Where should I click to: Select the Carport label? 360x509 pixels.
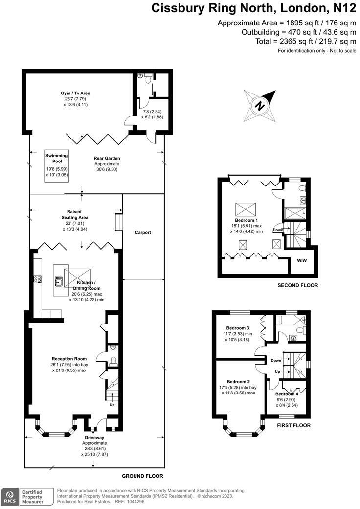(x=143, y=232)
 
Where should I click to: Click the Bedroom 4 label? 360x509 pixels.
(x=287, y=394)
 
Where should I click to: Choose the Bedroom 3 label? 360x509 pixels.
(x=238, y=328)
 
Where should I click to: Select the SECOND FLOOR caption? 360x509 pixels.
(x=297, y=285)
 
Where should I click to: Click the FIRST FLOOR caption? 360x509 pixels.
(x=293, y=425)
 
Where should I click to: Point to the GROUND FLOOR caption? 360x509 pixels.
(x=142, y=476)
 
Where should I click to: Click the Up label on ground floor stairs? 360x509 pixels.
(x=112, y=405)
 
